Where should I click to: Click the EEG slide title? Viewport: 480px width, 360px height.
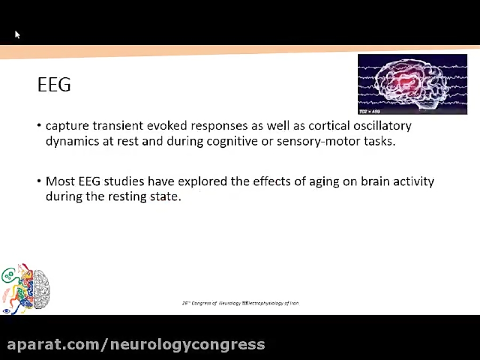pos(54,85)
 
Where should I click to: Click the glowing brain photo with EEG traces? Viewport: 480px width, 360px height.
pos(412,84)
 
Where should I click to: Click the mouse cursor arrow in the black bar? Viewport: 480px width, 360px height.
pos(17,35)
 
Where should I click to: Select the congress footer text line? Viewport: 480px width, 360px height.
pos(241,303)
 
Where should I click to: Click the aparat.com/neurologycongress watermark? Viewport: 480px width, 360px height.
pos(136,345)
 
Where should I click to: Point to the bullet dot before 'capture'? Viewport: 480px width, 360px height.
pos(39,126)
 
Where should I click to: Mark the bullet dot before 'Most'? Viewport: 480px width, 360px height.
pos(39,181)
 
